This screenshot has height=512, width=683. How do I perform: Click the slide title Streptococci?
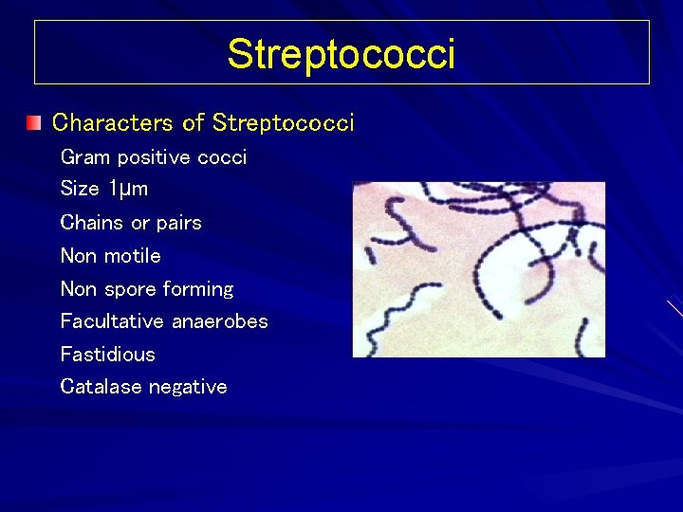341,54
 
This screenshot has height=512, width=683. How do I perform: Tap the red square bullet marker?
34,122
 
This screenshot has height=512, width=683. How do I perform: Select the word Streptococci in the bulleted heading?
284,122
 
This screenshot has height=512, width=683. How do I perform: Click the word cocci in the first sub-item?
222,157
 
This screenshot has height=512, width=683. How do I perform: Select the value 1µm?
127,189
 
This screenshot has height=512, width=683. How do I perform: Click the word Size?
80,189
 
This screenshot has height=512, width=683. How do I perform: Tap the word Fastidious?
107,355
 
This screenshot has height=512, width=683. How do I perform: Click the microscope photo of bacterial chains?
478,269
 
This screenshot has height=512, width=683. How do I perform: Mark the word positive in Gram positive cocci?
154,157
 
